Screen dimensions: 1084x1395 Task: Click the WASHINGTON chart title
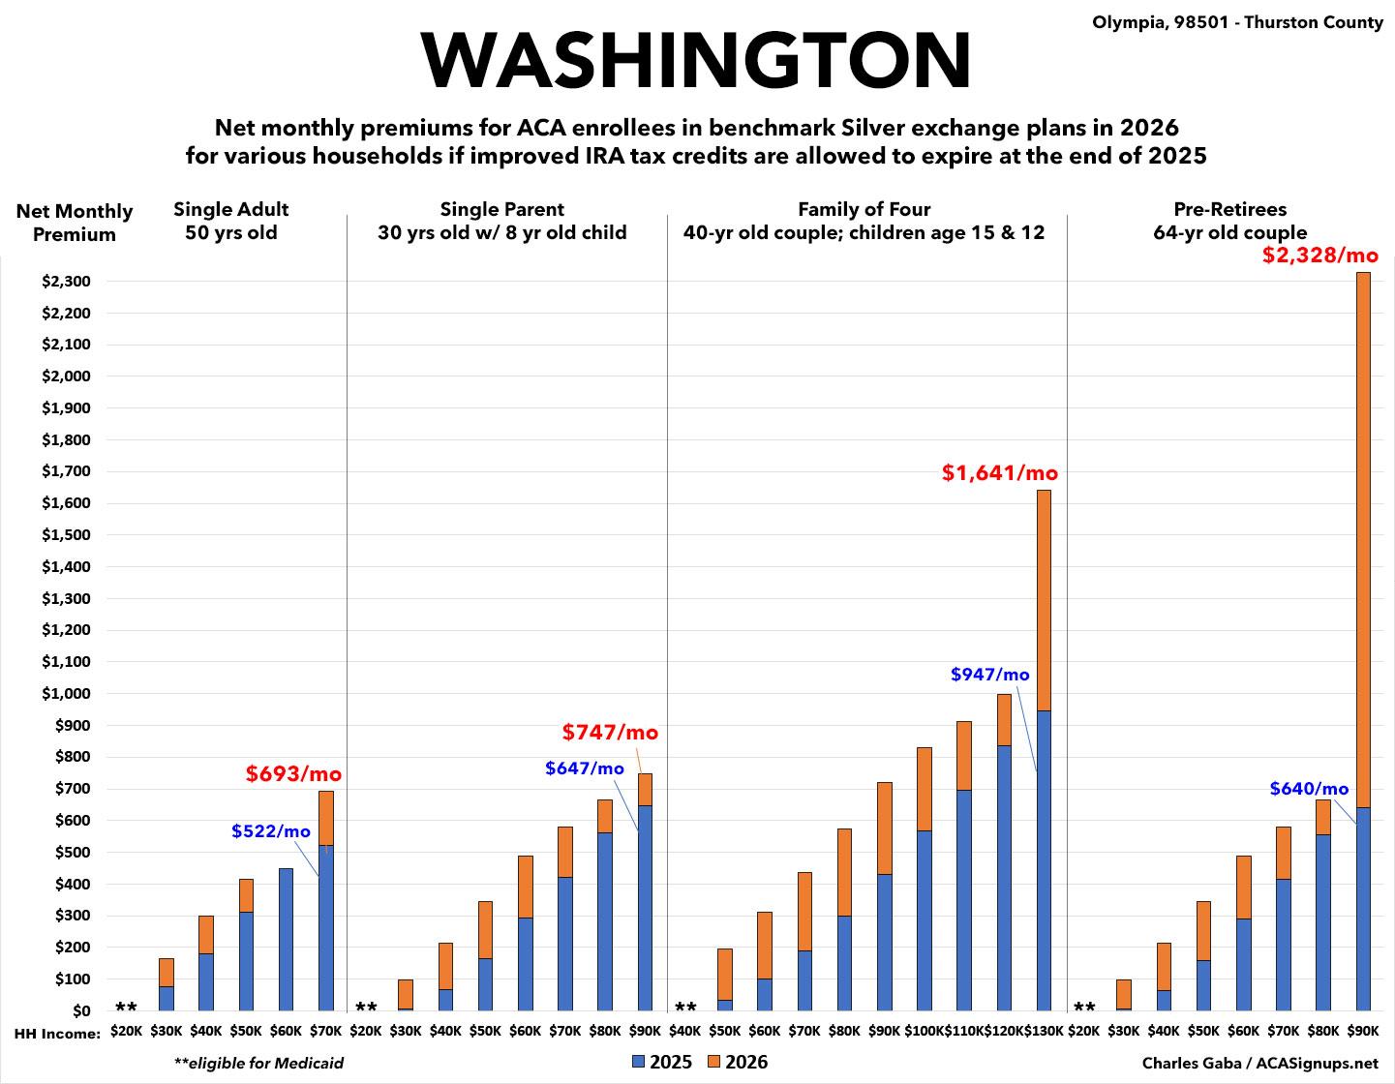pos(696,60)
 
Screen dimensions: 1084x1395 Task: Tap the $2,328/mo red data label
pos(1319,256)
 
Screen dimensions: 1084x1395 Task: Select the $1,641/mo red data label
pos(1000,473)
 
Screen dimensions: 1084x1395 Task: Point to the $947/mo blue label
pos(989,675)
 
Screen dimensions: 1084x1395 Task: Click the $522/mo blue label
pos(271,830)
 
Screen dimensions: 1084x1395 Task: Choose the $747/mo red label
pos(610,733)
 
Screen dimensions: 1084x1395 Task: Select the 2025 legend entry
pos(662,1062)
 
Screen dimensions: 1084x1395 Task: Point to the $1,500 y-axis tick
pos(66,535)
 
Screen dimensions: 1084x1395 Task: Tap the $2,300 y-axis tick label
pos(66,282)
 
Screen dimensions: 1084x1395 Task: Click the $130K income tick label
pos(1044,1032)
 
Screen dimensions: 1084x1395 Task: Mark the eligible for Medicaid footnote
pos(258,1063)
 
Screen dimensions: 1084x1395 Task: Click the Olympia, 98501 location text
pos(1237,22)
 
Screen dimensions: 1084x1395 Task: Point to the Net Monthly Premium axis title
pos(75,223)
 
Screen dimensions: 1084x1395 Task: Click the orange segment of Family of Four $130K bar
pos(1044,600)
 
